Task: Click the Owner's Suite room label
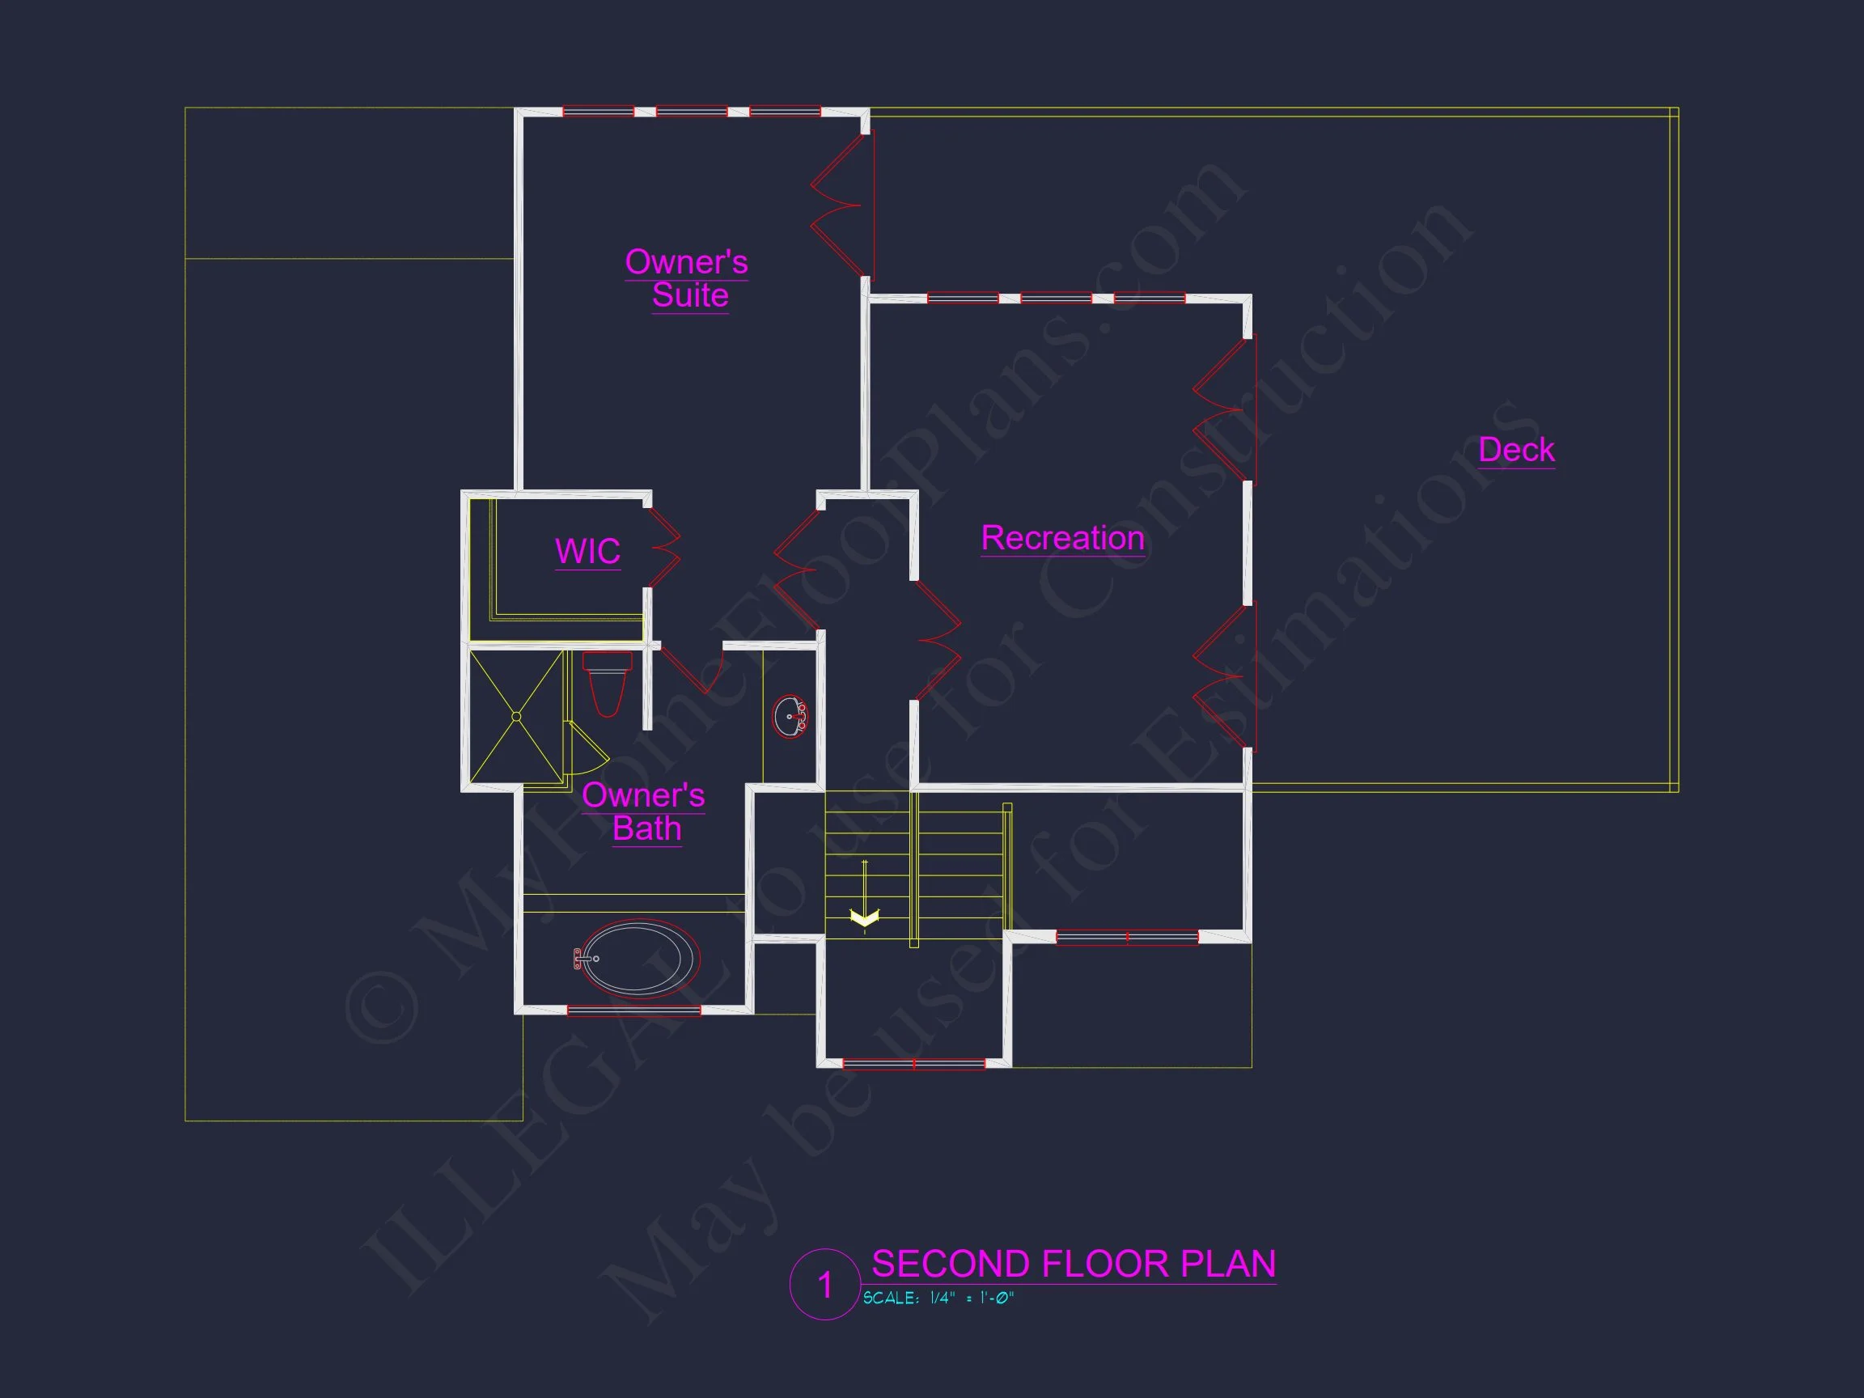687,278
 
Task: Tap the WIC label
587,551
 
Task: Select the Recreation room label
1062,538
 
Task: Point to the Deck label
1516,449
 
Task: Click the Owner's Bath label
644,811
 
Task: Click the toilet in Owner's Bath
607,684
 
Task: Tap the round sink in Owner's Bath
790,716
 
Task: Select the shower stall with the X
515,716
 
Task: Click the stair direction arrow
865,917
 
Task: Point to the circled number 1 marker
825,1284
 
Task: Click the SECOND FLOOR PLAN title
1073,1264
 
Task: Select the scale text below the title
938,1298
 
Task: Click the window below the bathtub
633,1010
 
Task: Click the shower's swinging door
587,750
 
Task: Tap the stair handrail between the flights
914,868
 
